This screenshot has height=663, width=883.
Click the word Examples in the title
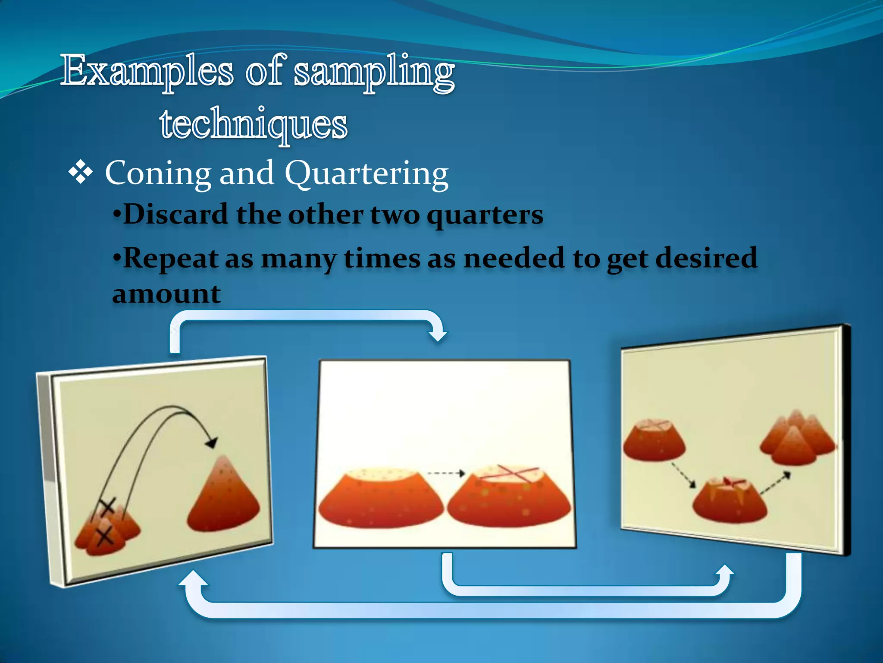click(147, 71)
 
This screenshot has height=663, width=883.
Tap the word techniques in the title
click(254, 124)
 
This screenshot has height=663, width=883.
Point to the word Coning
click(158, 174)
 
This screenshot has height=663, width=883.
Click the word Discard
click(175, 214)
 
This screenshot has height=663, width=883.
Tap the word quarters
click(485, 215)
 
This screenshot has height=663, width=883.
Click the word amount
click(166, 294)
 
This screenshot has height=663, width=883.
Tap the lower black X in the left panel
click(105, 537)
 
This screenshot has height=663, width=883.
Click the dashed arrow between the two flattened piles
click(446, 474)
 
